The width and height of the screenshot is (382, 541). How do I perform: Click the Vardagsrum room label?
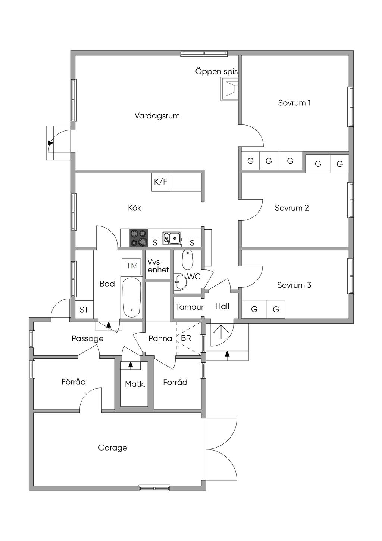tap(157, 116)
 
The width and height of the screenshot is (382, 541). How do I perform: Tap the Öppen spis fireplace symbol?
tap(229, 89)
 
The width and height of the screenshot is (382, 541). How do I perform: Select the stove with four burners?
tap(138, 238)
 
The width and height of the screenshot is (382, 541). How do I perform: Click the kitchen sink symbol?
tap(172, 237)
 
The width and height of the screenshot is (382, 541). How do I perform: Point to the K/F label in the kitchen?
tap(161, 182)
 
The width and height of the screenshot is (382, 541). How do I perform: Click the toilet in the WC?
tap(187, 260)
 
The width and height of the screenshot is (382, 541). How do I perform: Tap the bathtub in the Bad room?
tap(131, 297)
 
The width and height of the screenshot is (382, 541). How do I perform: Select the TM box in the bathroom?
tap(132, 266)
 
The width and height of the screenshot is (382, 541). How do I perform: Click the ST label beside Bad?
tap(84, 310)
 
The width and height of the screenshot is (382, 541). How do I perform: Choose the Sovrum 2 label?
tap(292, 208)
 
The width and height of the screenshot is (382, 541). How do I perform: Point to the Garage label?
tap(112, 448)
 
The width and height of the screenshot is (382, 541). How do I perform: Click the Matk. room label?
tap(135, 384)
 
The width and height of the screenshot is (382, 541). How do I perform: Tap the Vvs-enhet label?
tap(158, 266)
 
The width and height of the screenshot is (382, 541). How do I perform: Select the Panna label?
tap(160, 339)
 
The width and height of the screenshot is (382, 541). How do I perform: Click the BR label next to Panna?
tap(186, 338)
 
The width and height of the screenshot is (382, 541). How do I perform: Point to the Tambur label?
tap(190, 307)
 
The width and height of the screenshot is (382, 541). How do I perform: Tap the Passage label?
tap(87, 339)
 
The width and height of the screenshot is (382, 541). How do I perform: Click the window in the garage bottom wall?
tap(154, 487)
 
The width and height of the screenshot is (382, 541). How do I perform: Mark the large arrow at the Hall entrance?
tap(220, 332)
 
